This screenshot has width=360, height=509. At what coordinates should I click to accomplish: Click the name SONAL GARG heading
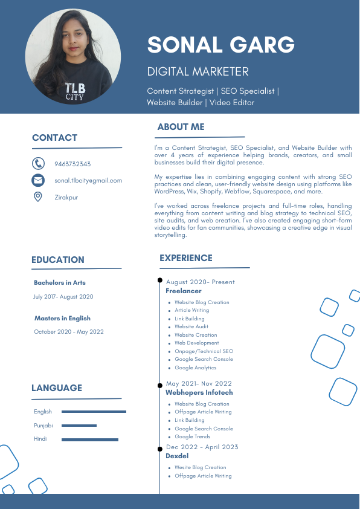coord(221,44)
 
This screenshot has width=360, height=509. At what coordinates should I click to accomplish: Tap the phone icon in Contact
coord(38,164)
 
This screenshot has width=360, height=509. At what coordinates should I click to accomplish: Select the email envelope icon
coord(38,180)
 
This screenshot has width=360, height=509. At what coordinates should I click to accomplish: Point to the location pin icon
coord(38,196)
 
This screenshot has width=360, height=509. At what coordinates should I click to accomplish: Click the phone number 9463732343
coord(72,164)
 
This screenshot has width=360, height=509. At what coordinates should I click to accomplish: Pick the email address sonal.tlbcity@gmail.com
coord(88,180)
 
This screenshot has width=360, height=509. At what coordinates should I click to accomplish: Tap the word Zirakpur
coord(66,197)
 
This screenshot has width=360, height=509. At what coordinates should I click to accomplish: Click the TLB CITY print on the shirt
coord(75,91)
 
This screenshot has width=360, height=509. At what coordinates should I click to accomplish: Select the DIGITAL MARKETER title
coord(198,72)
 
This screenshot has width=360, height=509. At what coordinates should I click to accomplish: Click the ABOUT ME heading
coord(181,127)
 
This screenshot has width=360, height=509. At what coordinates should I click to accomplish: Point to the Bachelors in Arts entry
coord(60,282)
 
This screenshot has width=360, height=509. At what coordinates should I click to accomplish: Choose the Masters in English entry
coord(62,318)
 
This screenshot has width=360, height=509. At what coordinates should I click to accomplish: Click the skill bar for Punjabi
coord(79,426)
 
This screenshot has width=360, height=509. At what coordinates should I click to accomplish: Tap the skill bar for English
coord(94,412)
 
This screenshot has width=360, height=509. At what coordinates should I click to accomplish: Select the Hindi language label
coord(40,439)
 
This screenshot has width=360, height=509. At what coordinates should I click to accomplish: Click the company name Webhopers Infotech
coord(199,392)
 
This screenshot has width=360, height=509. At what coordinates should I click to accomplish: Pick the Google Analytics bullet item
coord(195,368)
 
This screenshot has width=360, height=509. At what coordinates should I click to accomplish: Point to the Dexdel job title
coord(177,456)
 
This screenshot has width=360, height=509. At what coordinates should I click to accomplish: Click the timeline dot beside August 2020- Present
coord(160,280)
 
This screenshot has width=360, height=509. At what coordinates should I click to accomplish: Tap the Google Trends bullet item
coord(193,436)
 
